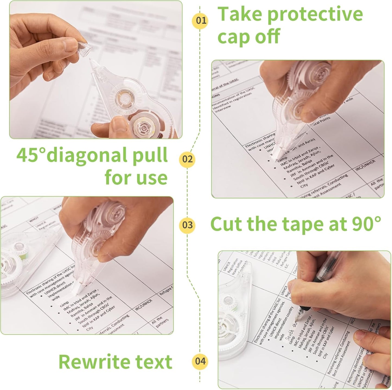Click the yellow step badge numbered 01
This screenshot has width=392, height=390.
coord(201,21)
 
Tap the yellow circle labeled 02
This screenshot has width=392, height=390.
coord(187,159)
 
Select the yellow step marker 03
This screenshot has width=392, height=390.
coord(187,225)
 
